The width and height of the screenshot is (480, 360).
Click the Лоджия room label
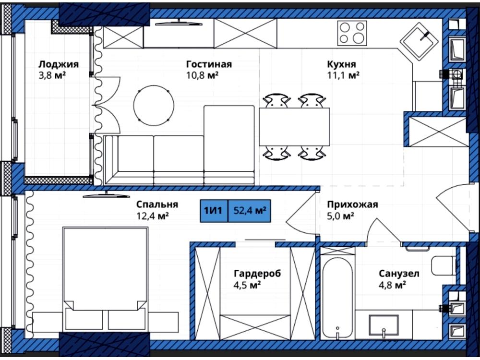(x=58, y=64)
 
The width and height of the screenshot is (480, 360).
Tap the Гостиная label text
(x=209, y=64)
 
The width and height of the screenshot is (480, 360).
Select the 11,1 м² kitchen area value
(x=343, y=75)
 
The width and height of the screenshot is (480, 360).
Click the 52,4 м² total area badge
(x=250, y=211)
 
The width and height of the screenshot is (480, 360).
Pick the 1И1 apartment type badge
(x=214, y=211)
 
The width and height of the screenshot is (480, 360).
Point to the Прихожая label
(x=353, y=204)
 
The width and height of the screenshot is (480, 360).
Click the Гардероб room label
(x=257, y=273)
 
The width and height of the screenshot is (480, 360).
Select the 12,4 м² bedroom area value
(x=153, y=216)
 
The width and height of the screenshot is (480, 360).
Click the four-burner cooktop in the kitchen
(x=352, y=33)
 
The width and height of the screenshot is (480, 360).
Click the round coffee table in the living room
(x=154, y=105)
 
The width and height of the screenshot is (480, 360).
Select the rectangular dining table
(x=295, y=127)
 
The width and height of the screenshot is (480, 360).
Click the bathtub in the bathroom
(x=337, y=299)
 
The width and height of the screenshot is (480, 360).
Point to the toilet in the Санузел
(x=444, y=266)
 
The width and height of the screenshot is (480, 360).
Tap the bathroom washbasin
(x=384, y=325)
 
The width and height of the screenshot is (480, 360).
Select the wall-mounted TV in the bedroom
(x=106, y=195)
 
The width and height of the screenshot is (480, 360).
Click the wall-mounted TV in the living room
(x=179, y=23)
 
